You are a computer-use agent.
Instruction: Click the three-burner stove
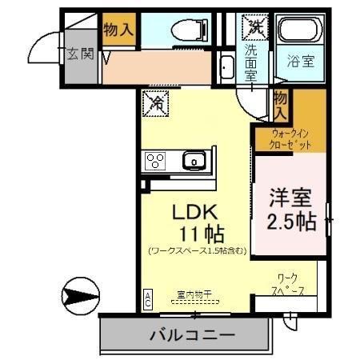155,162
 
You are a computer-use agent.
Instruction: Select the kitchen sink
194,162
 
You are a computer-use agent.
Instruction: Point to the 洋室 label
290,195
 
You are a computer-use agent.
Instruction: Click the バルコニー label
191,335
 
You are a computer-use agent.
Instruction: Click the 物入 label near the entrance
118,30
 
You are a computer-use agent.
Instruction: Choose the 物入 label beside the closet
281,100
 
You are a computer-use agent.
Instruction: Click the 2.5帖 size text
290,219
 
